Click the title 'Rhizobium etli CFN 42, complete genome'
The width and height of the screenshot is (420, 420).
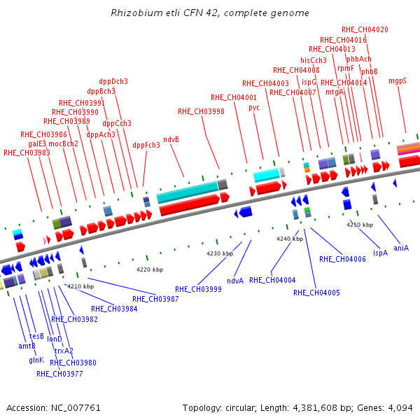click(210, 13)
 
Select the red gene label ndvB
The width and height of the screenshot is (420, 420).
click(171, 139)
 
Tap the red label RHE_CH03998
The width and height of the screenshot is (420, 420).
click(201, 112)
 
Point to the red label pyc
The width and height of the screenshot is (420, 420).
click(254, 108)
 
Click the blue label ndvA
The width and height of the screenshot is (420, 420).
click(235, 281)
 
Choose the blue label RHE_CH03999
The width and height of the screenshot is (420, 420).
click(198, 289)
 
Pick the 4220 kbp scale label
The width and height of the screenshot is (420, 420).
click(150, 269)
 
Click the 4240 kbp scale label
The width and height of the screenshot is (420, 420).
click(290, 239)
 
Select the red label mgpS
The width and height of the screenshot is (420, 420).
click(398, 81)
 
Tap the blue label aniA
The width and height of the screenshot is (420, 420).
click(401, 248)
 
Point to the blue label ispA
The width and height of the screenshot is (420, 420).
click(380, 253)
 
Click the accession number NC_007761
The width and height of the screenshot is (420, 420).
click(76, 408)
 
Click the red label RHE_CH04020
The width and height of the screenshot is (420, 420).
click(365, 29)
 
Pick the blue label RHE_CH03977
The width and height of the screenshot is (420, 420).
click(59, 374)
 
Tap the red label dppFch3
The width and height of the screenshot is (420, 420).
click(146, 145)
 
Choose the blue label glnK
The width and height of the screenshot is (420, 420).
click(36, 360)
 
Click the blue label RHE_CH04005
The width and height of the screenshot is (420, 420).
click(316, 293)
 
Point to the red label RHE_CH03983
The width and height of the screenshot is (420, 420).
click(27, 153)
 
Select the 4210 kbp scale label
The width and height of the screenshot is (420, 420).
click(80, 286)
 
